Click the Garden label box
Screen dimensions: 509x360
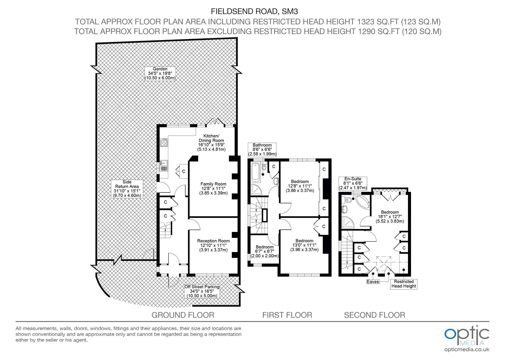[x=160, y=73]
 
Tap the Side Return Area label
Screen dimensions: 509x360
[x=127, y=189]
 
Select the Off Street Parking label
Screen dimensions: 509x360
[x=202, y=291]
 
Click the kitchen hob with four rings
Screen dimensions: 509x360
[x=164, y=143]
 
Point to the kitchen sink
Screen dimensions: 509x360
[x=164, y=166]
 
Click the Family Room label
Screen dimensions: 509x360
[x=214, y=189]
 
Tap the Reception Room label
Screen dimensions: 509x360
[x=214, y=245]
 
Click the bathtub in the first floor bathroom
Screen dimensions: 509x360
[x=255, y=173]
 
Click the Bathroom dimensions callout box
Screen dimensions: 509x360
[x=262, y=150]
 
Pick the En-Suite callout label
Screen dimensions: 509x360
[x=353, y=183]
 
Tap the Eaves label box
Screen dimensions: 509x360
[x=373, y=282]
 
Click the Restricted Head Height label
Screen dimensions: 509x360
[x=404, y=284]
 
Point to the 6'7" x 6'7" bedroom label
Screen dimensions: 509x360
[x=265, y=251]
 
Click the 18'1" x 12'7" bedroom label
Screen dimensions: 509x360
[x=390, y=217]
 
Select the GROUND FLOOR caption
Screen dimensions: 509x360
[x=183, y=315]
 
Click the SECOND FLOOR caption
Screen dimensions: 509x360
[x=375, y=315]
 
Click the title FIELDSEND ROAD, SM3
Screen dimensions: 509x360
[x=254, y=11]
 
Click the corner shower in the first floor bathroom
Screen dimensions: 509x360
[x=256, y=190]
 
